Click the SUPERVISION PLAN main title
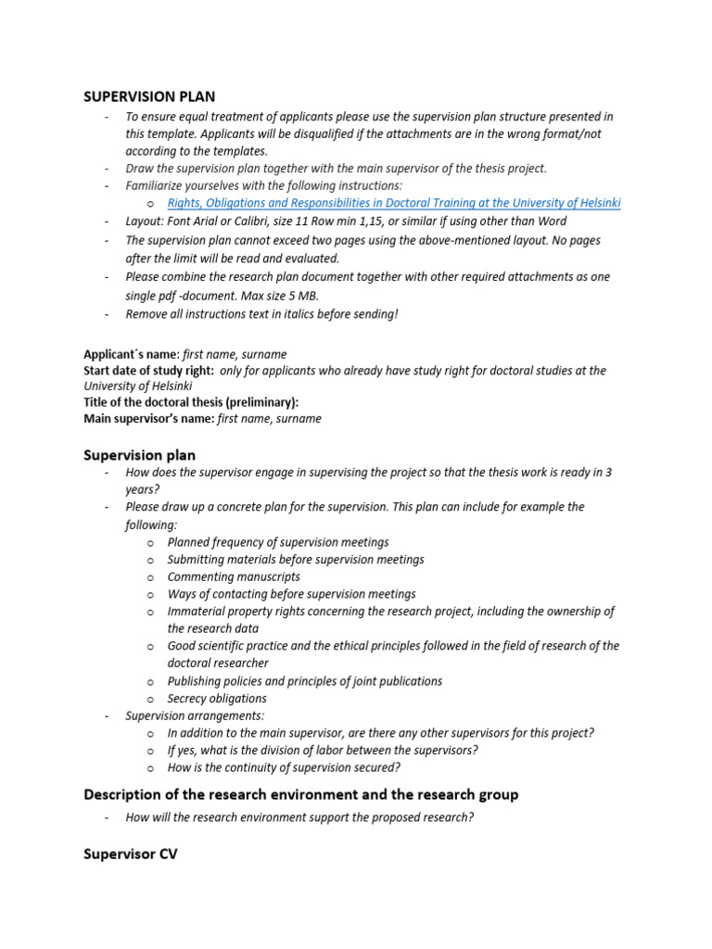(149, 96)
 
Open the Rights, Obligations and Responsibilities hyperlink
(394, 203)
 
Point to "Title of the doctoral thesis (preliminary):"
(191, 402)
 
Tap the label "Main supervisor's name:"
(148, 419)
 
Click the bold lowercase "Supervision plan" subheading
(139, 455)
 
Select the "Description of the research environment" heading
(300, 794)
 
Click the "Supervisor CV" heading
(130, 854)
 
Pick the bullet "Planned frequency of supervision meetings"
(278, 542)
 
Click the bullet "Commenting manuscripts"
(234, 576)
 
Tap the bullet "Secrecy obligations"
(217, 699)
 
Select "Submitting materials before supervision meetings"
(296, 560)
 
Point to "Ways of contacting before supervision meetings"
(291, 594)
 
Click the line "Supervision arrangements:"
(195, 716)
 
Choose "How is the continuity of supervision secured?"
(284, 768)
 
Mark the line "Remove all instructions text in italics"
(261, 314)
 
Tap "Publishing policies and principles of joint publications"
(305, 681)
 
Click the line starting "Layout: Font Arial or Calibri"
(346, 221)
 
